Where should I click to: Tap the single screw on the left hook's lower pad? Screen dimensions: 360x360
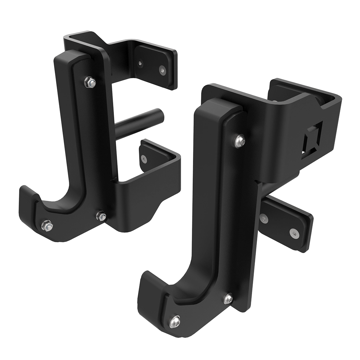click(144, 158)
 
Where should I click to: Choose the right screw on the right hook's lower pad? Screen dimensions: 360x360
click(294, 233)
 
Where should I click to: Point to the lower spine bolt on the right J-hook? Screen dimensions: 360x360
click(228, 298)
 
